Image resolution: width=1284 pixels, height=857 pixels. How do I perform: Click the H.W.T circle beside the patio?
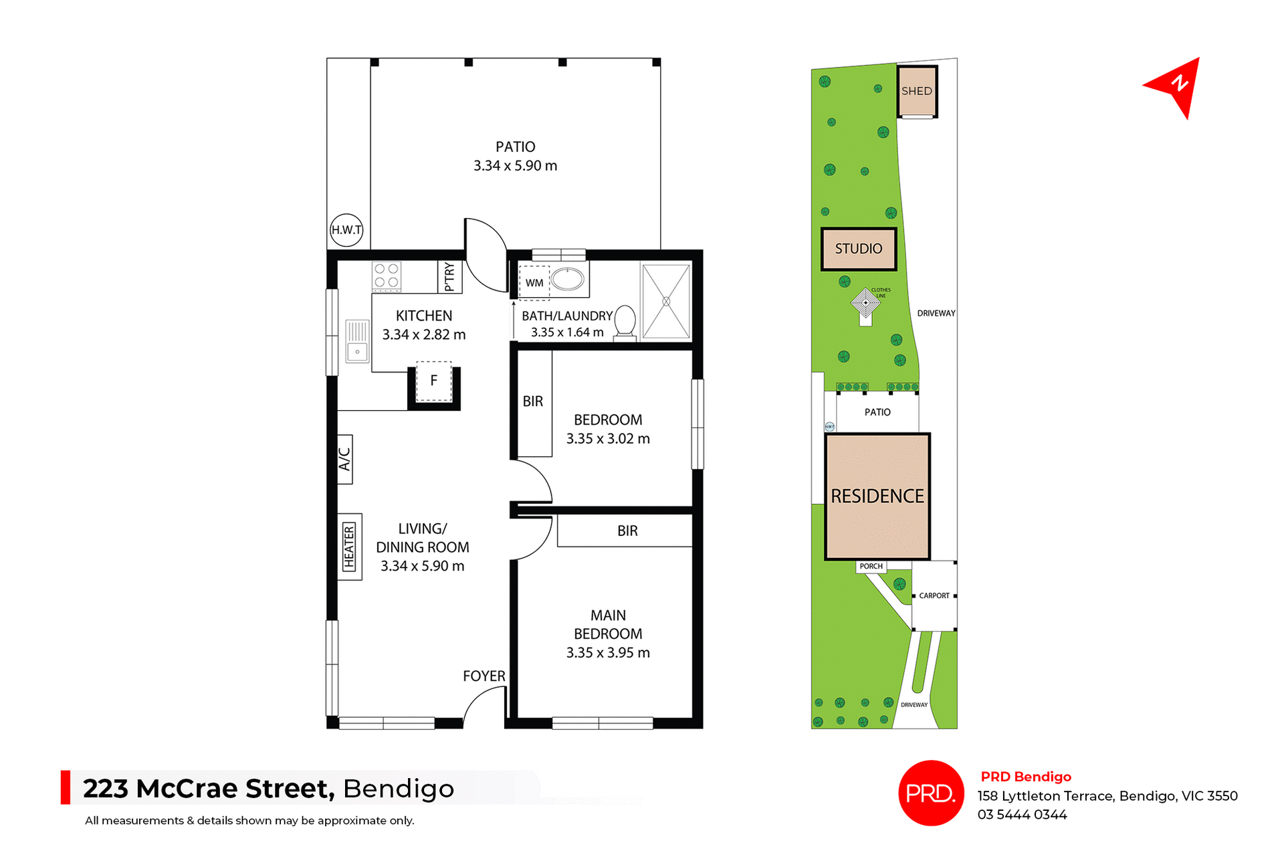pyautogui.click(x=346, y=229)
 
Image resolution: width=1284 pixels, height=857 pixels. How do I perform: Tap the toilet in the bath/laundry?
pyautogui.click(x=625, y=322)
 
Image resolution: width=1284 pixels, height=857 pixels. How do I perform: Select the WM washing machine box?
pyautogui.click(x=534, y=282)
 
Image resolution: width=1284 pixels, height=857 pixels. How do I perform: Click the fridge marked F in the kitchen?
pyautogui.click(x=434, y=381)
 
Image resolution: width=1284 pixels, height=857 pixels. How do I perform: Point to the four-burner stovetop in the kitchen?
pyautogui.click(x=387, y=276)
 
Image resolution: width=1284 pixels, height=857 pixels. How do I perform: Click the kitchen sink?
pyautogui.click(x=357, y=341)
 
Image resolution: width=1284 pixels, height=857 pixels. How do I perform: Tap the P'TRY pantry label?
pyautogui.click(x=449, y=276)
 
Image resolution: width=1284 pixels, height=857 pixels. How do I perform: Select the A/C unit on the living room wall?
pyautogui.click(x=345, y=460)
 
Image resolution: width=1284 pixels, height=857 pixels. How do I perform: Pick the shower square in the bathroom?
pyautogui.click(x=666, y=301)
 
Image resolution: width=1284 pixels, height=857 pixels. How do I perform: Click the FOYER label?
pyautogui.click(x=484, y=676)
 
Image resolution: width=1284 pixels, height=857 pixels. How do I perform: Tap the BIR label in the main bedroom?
pyautogui.click(x=627, y=531)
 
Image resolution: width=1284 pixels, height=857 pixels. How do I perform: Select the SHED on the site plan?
pyautogui.click(x=917, y=91)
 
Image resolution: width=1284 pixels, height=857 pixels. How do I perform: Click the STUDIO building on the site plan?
pyautogui.click(x=859, y=249)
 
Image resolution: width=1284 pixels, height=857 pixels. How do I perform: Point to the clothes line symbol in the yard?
pyautogui.click(x=865, y=303)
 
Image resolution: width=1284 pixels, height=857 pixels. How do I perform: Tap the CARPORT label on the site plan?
pyautogui.click(x=934, y=595)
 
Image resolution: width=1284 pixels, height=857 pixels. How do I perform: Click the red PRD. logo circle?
pyautogui.click(x=931, y=793)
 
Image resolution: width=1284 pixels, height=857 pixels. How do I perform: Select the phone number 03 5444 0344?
pyautogui.click(x=1022, y=815)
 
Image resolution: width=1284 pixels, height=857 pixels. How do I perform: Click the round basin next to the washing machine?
pyautogui.click(x=568, y=279)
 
